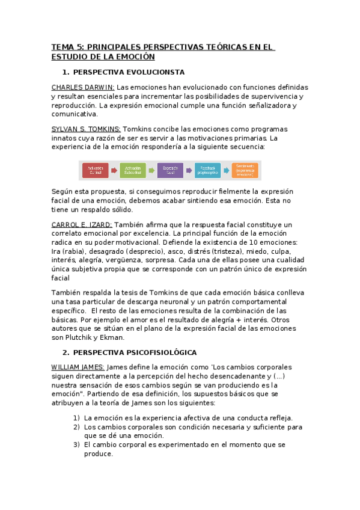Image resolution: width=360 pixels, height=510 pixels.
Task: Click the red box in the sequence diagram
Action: click(x=96, y=170)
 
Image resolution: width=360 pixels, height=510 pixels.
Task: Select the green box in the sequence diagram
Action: click(x=133, y=170)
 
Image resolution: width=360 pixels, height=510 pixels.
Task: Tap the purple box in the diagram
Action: click(x=170, y=170)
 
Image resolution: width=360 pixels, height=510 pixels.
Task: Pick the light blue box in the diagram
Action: click(x=207, y=170)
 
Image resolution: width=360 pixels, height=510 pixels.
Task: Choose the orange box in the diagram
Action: click(x=245, y=170)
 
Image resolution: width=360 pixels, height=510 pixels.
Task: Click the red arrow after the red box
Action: click(x=114, y=170)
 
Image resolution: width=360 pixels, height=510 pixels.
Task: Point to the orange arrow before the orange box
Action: click(x=227, y=170)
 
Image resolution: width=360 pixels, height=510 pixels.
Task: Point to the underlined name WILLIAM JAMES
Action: click(x=78, y=367)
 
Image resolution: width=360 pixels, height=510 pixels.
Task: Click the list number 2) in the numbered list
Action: click(x=76, y=427)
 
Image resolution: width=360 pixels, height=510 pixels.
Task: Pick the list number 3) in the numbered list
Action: click(x=76, y=445)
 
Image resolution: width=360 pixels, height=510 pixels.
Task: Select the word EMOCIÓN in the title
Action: click(x=135, y=57)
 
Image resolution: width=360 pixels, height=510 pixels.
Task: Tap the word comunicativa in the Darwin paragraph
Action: click(x=74, y=114)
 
